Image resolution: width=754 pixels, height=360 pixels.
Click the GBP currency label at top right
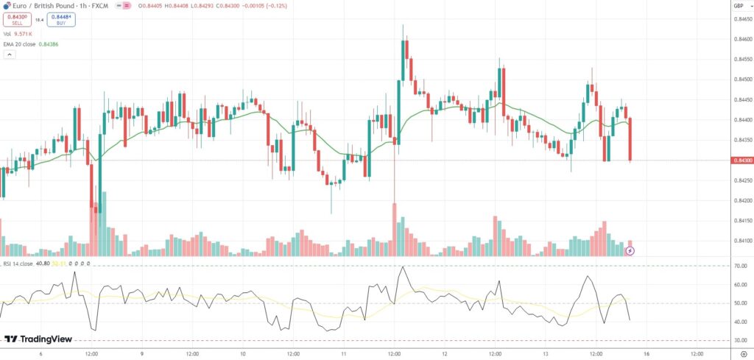(x=738, y=6)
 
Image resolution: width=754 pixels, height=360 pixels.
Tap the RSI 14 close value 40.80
(x=43, y=263)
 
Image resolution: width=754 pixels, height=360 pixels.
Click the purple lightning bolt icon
(x=630, y=251)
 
